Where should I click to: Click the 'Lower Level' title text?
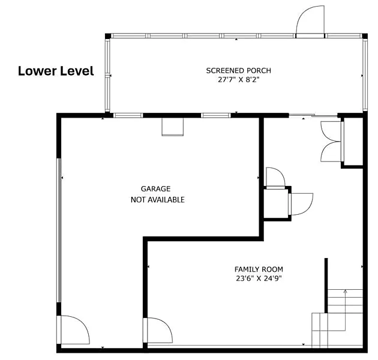(56, 71)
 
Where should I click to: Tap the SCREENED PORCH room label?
(238, 71)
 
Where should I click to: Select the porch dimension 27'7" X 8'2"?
(238, 80)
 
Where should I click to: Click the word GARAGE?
(156, 189)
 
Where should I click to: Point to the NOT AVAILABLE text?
(158, 200)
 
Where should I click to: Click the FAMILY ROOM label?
(259, 269)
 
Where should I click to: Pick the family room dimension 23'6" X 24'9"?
(259, 278)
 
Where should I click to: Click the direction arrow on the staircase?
(345, 310)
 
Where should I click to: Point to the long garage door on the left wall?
(59, 230)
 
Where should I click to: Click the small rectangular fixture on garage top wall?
(173, 127)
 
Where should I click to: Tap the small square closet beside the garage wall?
(276, 204)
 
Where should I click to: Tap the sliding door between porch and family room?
(313, 116)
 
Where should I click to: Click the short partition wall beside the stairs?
(326, 286)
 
